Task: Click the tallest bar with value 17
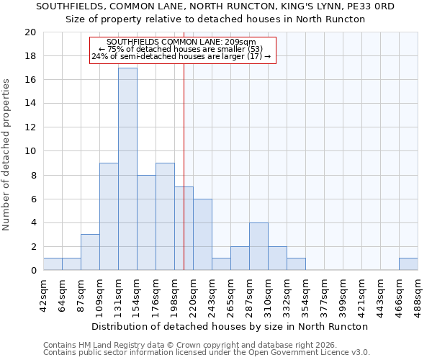coord(127,169)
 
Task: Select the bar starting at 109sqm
coord(109,217)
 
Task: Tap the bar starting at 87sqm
coord(90,252)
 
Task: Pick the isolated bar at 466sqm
coord(408,264)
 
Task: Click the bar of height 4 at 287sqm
coord(258,246)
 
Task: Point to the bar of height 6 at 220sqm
coord(202,235)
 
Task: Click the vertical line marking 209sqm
coord(184,158)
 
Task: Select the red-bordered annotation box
coord(183,50)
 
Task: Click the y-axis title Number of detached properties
coord(7,155)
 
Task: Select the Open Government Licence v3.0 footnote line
coord(207,352)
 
